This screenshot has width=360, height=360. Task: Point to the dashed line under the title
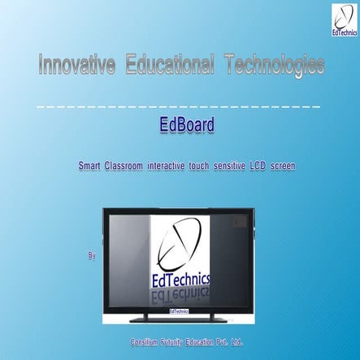[179, 106]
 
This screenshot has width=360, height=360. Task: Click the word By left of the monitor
[91, 256]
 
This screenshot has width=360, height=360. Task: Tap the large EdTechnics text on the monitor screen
[180, 280]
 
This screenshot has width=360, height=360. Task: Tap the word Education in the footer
[201, 343]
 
